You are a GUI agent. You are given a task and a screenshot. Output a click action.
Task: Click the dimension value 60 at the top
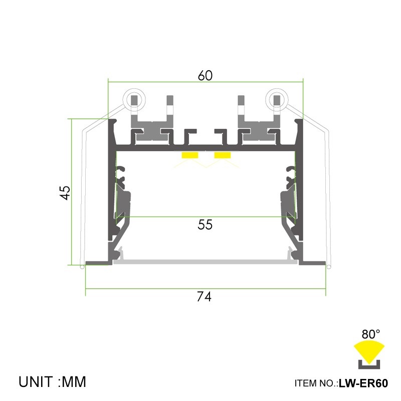(206, 76)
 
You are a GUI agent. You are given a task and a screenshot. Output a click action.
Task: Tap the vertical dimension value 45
(65, 192)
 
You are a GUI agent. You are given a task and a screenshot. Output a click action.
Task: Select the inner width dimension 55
(205, 225)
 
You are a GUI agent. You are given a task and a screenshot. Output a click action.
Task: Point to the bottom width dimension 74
(204, 297)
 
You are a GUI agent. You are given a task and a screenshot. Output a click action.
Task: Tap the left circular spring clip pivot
(134, 99)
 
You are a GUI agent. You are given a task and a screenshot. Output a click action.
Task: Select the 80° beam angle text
(371, 333)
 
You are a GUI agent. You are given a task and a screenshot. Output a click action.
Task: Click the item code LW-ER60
(363, 384)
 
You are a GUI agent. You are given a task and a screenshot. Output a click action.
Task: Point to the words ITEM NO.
(316, 384)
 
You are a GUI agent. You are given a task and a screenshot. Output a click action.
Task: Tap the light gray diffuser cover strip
(206, 261)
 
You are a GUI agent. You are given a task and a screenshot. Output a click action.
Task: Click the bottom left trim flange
(98, 263)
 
